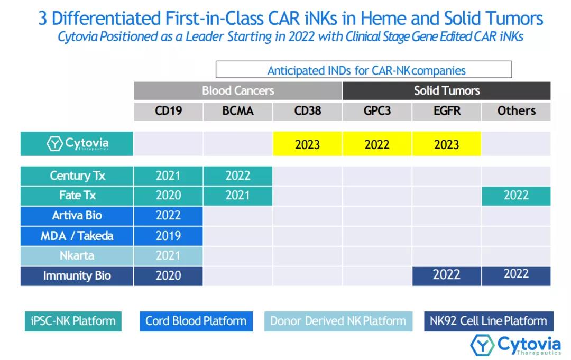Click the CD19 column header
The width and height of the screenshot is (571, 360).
click(168, 111)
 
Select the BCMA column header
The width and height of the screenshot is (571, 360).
click(238, 111)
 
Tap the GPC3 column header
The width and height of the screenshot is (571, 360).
click(377, 111)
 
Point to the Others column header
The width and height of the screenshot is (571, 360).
click(516, 111)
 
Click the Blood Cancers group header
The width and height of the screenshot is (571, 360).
click(238, 90)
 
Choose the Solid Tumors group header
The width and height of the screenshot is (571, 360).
click(447, 90)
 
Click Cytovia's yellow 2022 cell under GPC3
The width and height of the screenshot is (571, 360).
click(377, 144)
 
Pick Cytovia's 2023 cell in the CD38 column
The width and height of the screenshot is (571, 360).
click(307, 144)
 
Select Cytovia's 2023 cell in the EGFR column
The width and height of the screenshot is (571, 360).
click(447, 144)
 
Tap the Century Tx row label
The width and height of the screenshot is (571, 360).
click(77, 176)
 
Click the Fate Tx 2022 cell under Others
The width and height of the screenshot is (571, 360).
click(516, 196)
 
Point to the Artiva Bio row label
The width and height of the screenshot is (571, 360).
click(77, 216)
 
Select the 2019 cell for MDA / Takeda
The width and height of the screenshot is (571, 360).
click(168, 236)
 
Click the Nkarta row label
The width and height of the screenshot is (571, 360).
click(77, 256)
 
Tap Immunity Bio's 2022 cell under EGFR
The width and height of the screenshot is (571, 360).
click(447, 275)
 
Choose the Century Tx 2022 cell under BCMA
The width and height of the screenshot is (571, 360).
click(238, 176)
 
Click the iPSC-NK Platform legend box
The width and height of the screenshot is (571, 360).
click(73, 321)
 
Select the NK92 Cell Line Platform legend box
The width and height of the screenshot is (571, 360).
click(488, 321)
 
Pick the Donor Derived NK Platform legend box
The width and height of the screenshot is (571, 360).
click(338, 321)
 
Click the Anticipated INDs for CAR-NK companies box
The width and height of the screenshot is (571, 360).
click(364, 70)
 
